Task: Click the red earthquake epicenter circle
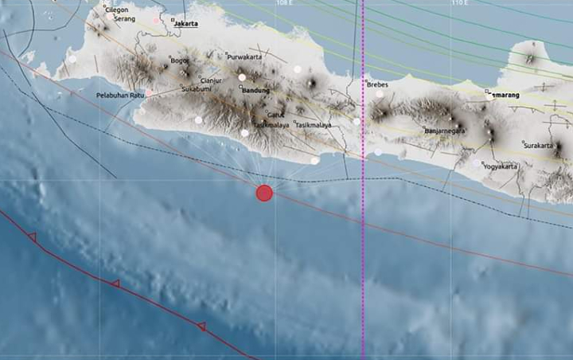pos(264,193)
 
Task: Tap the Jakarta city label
pos(185,24)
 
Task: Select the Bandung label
pos(255,90)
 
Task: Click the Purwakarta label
pos(244,57)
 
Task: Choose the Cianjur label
pos(211,80)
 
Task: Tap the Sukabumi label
pos(197,90)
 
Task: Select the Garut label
pos(276,114)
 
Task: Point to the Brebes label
pos(376,84)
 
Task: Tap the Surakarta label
pos(539,145)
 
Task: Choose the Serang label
pos(123,18)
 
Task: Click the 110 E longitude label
pos(459,3)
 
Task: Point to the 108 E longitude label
pos(283,3)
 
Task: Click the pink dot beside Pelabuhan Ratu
pos(149,92)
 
